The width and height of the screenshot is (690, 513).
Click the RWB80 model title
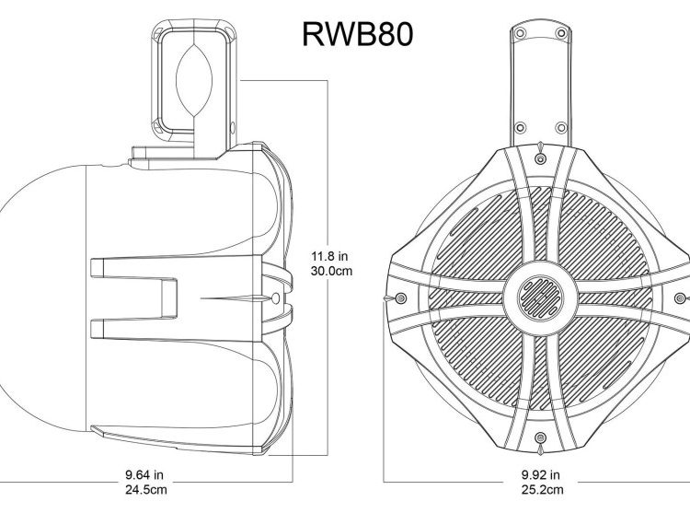pyautogui.click(x=357, y=33)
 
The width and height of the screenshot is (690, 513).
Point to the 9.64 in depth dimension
pyautogui.click(x=145, y=476)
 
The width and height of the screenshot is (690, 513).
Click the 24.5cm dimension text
pyautogui.click(x=145, y=491)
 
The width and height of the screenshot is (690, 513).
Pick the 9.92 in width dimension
pyautogui.click(x=538, y=476)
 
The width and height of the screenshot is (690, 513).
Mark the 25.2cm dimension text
pyautogui.click(x=538, y=491)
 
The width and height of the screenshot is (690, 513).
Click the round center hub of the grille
pyautogui.click(x=538, y=297)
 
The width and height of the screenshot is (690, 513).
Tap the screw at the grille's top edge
pyautogui.click(x=538, y=147)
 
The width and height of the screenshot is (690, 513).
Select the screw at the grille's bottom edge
pyautogui.click(x=538, y=449)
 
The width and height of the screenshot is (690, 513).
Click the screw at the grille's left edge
pyautogui.click(x=397, y=298)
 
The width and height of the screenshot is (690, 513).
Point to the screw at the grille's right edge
pyautogui.click(x=682, y=297)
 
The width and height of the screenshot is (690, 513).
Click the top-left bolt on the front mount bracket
pyautogui.click(x=521, y=33)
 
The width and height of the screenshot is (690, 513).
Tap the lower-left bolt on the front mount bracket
pyautogui.click(x=521, y=125)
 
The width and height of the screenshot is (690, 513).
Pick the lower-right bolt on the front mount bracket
pyautogui.click(x=557, y=125)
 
